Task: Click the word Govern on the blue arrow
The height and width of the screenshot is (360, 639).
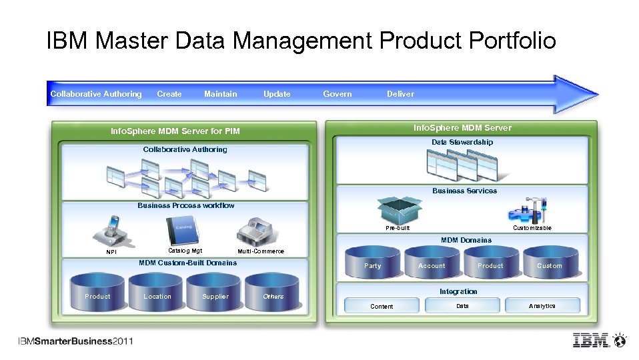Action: click(337, 94)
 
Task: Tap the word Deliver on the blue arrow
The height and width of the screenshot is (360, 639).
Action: click(400, 94)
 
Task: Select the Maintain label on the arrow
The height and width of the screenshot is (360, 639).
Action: click(220, 94)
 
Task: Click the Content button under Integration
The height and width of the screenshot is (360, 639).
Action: click(382, 306)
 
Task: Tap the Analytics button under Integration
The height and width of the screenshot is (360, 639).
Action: click(542, 306)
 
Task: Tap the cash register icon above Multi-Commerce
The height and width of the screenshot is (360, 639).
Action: click(257, 232)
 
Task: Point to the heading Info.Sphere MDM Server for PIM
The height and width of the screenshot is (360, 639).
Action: click(175, 131)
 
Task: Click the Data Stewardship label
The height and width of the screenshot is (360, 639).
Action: click(462, 142)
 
